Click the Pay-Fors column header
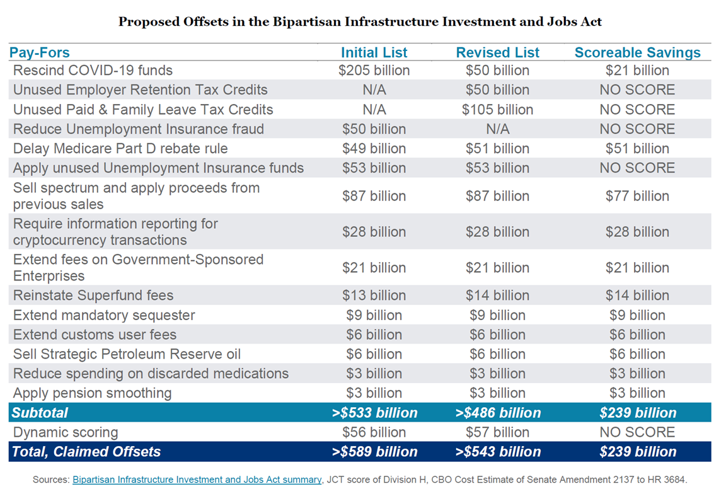[39, 52]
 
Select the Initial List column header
[374, 52]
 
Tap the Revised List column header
[498, 52]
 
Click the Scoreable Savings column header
[638, 52]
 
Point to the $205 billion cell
[374, 71]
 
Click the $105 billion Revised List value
[498, 110]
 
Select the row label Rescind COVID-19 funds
[93, 71]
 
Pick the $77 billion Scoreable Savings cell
[638, 196]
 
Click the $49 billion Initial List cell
[374, 149]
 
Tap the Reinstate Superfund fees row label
[93, 296]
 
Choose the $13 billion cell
[374, 296]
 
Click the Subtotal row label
[40, 413]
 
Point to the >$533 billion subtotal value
[374, 413]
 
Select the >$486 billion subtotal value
[498, 413]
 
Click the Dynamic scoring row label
[66, 432]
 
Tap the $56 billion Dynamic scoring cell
[374, 432]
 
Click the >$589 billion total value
[374, 451]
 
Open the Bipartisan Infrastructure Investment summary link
[197, 480]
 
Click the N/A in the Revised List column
[498, 129]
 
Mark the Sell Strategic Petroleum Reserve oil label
[127, 354]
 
